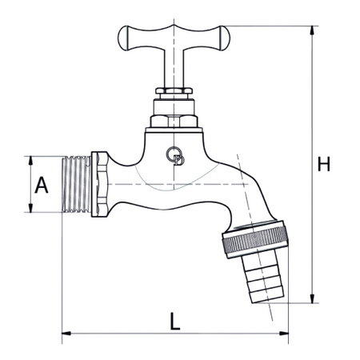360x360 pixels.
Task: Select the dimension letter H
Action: (323, 165)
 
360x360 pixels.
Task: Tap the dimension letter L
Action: (175, 320)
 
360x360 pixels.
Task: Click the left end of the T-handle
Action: (126, 36)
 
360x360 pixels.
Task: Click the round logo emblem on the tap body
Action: (176, 157)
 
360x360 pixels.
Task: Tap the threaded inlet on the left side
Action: (77, 184)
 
